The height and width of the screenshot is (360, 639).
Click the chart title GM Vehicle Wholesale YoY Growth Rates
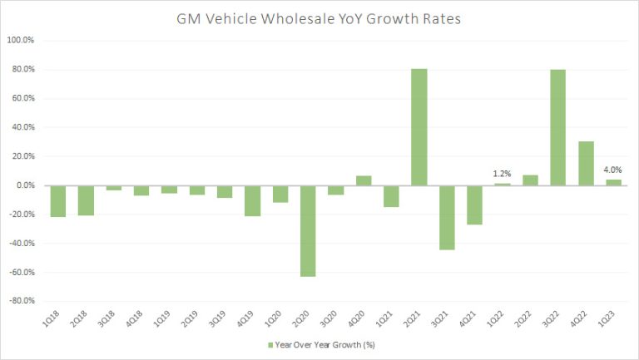pyautogui.click(x=319, y=17)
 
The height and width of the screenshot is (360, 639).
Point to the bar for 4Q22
pyautogui.click(x=585, y=163)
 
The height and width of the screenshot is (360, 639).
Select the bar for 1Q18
pyautogui.click(x=58, y=200)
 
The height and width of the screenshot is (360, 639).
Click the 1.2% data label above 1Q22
pyautogui.click(x=502, y=174)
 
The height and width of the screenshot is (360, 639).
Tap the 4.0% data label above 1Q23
pyautogui.click(x=612, y=170)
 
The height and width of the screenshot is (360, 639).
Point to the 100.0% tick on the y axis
pyautogui.click(x=22, y=40)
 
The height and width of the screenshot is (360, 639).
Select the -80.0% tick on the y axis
pyautogui.click(x=22, y=300)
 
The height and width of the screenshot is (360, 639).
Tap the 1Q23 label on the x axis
pyautogui.click(x=609, y=319)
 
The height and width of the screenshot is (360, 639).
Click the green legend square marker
pyautogui.click(x=270, y=343)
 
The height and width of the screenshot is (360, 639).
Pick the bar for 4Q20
pyautogui.click(x=364, y=180)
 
